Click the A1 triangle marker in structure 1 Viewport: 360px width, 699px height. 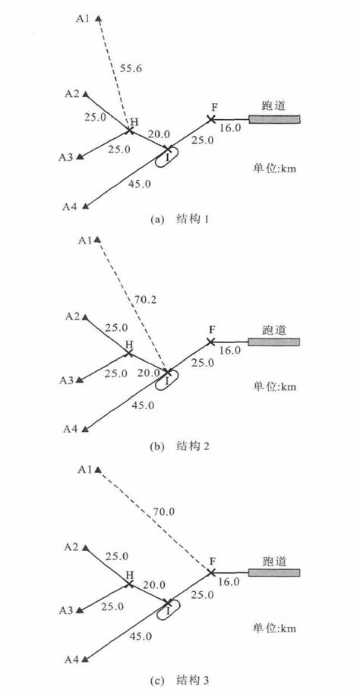pyautogui.click(x=98, y=19)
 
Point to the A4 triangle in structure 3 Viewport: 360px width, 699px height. pyautogui.click(x=84, y=659)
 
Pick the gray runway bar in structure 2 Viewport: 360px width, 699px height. pyautogui.click(x=274, y=342)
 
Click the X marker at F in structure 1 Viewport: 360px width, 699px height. pyautogui.click(x=211, y=119)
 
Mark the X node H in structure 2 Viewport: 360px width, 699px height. pyautogui.click(x=128, y=353)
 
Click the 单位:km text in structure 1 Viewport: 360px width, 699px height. pyautogui.click(x=272, y=169)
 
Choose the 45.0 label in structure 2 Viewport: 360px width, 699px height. pyautogui.click(x=144, y=405)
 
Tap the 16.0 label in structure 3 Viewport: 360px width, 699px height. pyautogui.click(x=230, y=582)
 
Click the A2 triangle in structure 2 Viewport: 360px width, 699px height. pyautogui.click(x=85, y=317)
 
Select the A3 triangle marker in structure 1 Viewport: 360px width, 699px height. pyautogui.click(x=80, y=157)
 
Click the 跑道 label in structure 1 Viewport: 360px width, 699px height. pyautogui.click(x=273, y=106)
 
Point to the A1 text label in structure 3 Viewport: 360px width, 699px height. pyautogui.click(x=85, y=470)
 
